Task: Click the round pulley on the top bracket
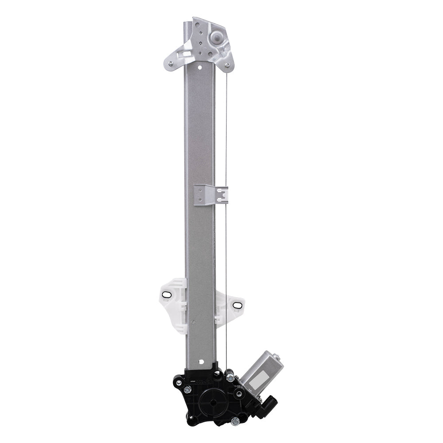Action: coord(217,38)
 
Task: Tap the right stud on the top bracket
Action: coord(227,65)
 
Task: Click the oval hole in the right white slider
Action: coord(235,305)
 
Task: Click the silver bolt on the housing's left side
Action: coord(188,389)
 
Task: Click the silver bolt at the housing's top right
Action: coord(230,377)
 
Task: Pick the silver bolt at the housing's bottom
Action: coord(235,420)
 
